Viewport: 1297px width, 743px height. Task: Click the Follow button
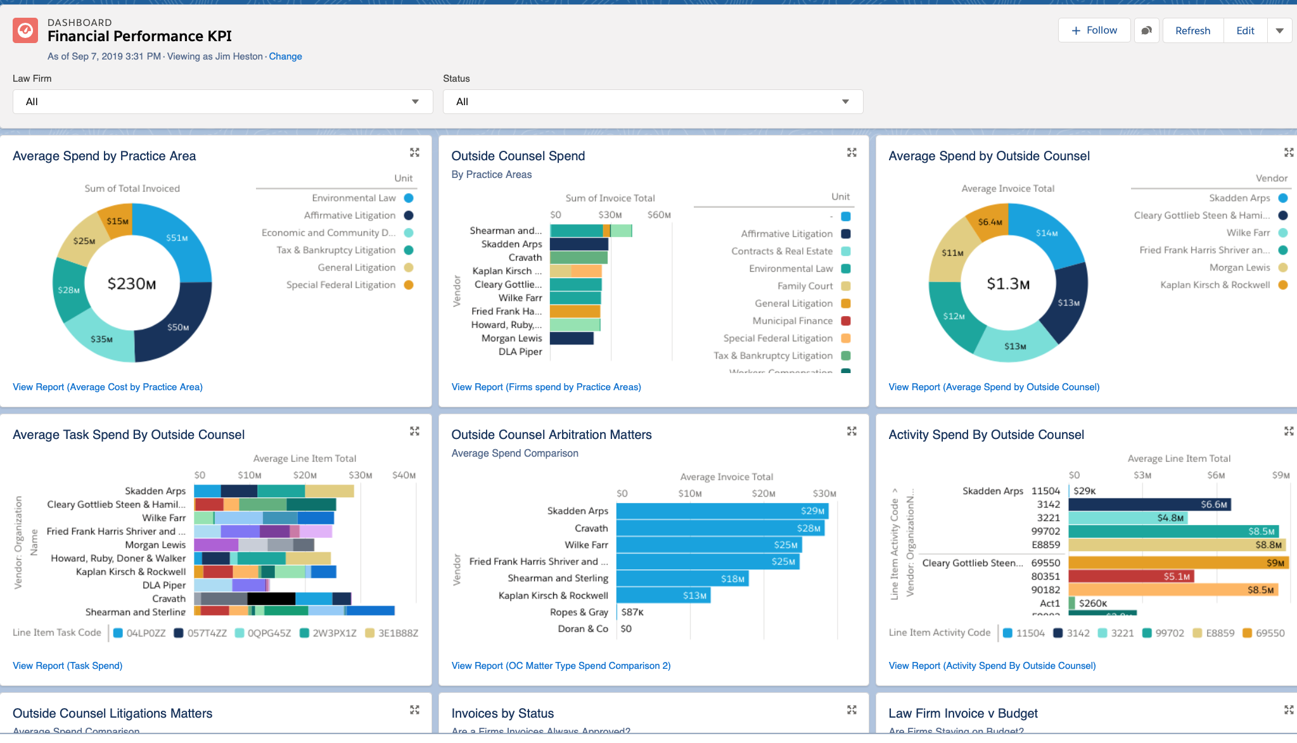click(1094, 30)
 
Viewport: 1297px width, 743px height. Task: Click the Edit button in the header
click(1244, 30)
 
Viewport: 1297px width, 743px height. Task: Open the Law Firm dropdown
click(222, 101)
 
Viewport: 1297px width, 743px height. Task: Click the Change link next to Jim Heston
click(285, 56)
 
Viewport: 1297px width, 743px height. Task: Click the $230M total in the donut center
click(132, 284)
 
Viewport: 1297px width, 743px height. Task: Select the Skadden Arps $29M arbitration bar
click(722, 511)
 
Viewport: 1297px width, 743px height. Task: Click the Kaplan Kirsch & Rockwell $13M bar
click(663, 595)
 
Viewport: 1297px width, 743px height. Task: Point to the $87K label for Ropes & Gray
click(632, 612)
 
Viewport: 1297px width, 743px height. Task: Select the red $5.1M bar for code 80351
click(1130, 576)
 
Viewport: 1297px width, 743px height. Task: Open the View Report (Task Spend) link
click(68, 666)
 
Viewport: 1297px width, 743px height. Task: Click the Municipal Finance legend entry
click(792, 321)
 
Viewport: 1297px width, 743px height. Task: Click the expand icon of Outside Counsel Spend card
click(852, 153)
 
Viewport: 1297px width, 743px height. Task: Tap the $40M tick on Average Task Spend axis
click(404, 475)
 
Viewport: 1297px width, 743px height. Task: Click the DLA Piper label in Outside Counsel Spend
click(520, 352)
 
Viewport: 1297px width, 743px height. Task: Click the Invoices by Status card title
click(502, 713)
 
